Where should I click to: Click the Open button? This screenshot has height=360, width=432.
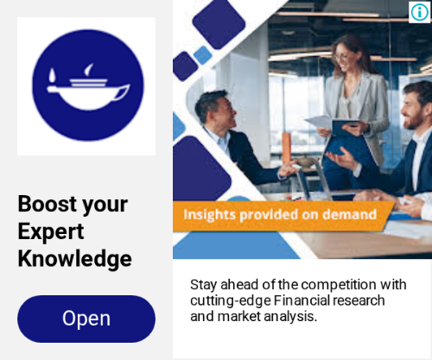(86, 319)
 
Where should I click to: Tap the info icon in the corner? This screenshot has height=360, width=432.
(419, 12)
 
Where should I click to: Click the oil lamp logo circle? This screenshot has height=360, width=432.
(88, 85)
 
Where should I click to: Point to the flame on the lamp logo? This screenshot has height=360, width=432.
(52, 76)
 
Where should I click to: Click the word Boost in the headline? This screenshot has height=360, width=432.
(48, 204)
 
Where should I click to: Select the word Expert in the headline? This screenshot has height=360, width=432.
(51, 231)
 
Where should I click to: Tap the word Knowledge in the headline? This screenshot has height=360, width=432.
(75, 258)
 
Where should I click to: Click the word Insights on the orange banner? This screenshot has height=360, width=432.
(209, 215)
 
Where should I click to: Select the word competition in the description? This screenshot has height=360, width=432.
(339, 285)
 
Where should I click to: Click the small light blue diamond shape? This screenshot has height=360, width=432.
(203, 55)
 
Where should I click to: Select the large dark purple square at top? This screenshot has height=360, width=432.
(219, 23)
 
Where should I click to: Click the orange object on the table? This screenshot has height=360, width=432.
(286, 148)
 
